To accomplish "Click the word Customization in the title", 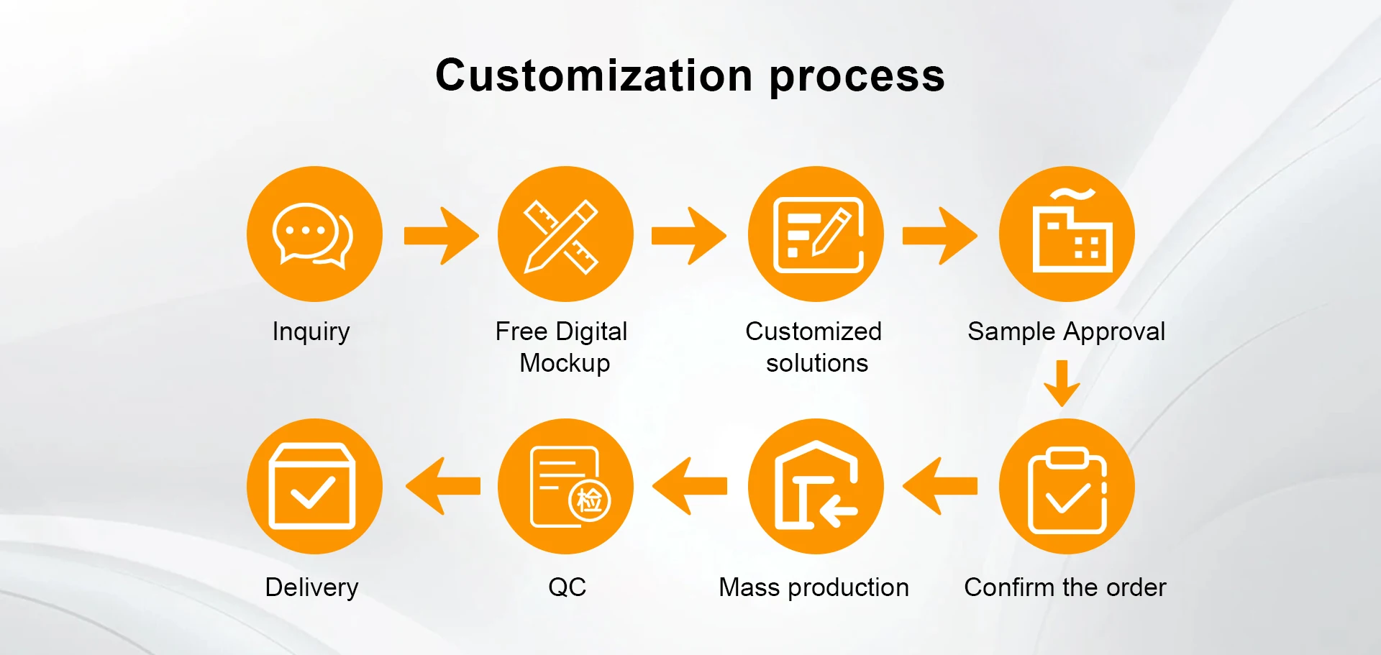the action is click(x=594, y=75).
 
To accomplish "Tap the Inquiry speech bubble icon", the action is click(x=314, y=234).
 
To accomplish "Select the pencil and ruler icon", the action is click(x=565, y=234).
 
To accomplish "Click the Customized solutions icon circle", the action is click(x=816, y=234).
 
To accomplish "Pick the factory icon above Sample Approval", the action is click(x=1067, y=234).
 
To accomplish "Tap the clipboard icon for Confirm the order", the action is click(x=1067, y=487).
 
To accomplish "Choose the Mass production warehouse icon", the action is click(x=816, y=487).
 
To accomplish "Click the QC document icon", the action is click(x=565, y=487).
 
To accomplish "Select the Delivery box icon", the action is click(x=314, y=487).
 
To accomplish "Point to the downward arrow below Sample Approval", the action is click(x=1062, y=383).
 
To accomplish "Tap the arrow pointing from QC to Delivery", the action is click(x=443, y=487).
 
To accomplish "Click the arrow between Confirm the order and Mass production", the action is click(x=940, y=487).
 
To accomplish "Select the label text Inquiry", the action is click(x=311, y=332).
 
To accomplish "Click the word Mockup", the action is click(x=565, y=364).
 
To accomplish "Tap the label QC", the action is click(x=567, y=587).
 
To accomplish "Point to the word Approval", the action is click(x=1114, y=332).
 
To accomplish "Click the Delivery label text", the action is click(x=311, y=587).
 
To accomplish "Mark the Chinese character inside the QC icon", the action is click(x=590, y=500).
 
